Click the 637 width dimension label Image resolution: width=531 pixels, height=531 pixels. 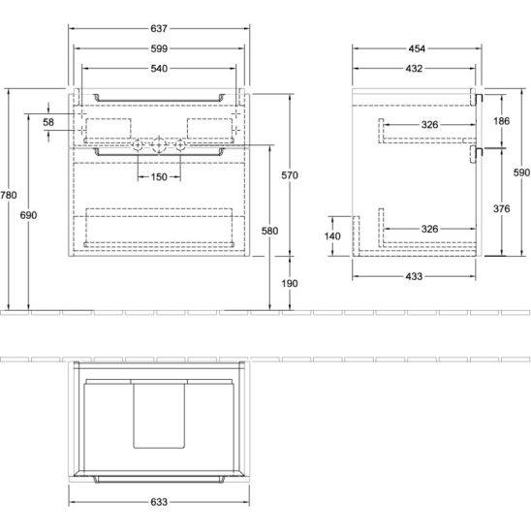click(x=159, y=28)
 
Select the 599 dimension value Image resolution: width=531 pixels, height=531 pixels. click(x=159, y=48)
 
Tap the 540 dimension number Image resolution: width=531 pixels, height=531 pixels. click(x=159, y=69)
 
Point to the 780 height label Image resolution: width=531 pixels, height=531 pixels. click(x=9, y=195)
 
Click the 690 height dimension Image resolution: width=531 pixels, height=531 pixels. click(x=28, y=215)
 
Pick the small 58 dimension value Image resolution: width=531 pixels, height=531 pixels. click(x=48, y=122)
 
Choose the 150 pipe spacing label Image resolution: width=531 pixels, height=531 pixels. click(x=159, y=176)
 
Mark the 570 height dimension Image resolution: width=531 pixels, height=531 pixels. click(x=290, y=175)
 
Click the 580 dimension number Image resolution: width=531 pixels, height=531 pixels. click(x=270, y=231)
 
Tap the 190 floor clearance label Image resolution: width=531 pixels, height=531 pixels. click(x=290, y=284)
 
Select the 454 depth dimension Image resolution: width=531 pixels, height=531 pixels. click(x=417, y=48)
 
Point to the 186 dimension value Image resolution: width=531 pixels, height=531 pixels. click(x=502, y=121)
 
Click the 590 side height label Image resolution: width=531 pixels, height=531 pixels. click(x=521, y=172)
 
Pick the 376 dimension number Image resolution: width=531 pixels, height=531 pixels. click(x=502, y=208)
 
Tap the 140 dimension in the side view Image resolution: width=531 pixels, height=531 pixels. click(x=332, y=236)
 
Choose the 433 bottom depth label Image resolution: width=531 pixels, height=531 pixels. click(x=414, y=276)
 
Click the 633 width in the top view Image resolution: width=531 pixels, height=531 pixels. click(x=159, y=502)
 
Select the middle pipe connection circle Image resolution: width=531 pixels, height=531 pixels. click(x=159, y=145)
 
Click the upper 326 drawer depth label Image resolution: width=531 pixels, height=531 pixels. click(x=430, y=125)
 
